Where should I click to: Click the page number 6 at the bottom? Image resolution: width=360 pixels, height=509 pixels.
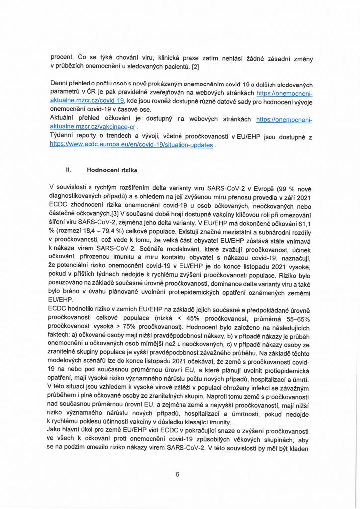tap(177, 474)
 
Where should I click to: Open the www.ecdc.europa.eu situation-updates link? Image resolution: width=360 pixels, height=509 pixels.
tap(131, 145)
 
